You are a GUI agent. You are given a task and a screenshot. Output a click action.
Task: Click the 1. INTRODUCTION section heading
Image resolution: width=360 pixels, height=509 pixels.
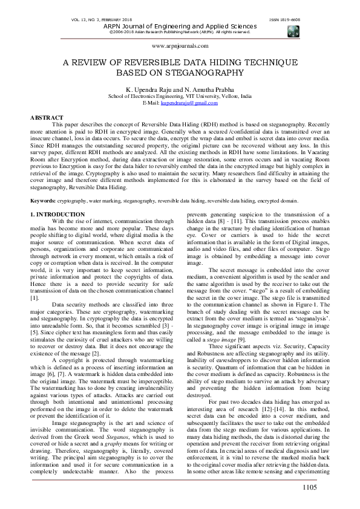click(57, 215)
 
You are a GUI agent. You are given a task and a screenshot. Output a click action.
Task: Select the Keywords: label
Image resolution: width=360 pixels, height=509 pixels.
click(43, 199)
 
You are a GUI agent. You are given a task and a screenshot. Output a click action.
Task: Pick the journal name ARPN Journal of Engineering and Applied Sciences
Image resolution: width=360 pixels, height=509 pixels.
click(180, 26)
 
